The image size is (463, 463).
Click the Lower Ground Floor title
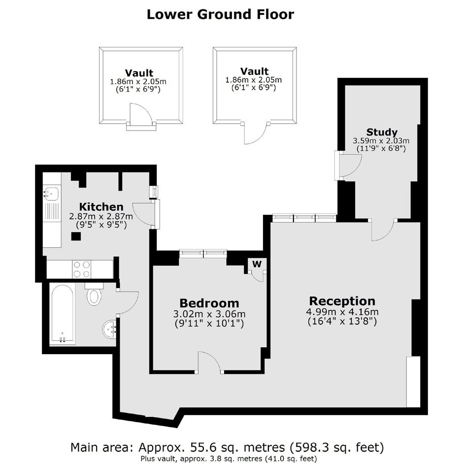coord(220,14)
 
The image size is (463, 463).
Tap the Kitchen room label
coord(101,206)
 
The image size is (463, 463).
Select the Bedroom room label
coord(209,303)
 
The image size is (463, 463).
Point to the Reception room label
coord(342,301)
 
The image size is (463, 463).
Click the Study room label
coord(382,132)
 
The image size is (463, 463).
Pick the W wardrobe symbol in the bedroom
coord(257,264)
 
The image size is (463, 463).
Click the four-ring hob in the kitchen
coord(82,269)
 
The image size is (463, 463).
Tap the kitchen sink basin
coord(51,194)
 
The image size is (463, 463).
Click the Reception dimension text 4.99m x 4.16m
coord(342,312)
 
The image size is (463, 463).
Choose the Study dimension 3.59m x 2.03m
coord(381,141)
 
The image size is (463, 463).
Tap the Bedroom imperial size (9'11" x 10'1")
coord(209,324)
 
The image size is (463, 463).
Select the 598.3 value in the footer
coord(309,447)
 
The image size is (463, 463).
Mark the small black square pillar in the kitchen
coord(76,236)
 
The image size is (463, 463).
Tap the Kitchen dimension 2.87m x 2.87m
coord(101,216)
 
